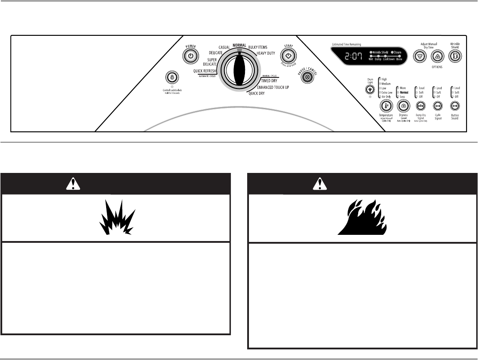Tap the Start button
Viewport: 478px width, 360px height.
point(288,56)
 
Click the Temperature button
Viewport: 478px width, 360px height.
point(386,106)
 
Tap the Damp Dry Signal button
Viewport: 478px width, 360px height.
point(421,106)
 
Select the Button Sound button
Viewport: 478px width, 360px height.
point(455,106)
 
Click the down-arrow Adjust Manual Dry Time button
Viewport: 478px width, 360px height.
point(418,56)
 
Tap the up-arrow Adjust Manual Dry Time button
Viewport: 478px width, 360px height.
point(436,56)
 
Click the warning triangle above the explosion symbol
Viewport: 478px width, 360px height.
point(71,184)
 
